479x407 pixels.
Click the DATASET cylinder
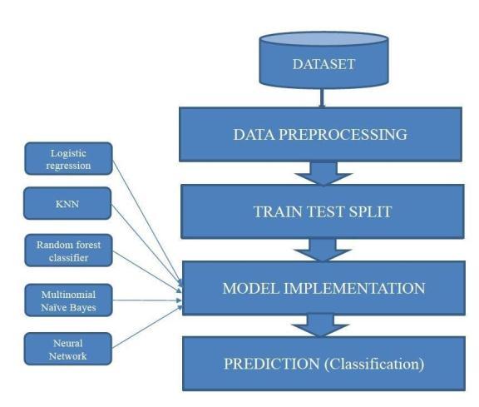(323, 60)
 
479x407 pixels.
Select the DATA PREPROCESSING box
(320, 134)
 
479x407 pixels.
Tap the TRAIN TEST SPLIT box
(323, 211)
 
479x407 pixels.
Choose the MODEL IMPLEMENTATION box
(323, 288)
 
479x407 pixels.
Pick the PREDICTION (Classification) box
(323, 364)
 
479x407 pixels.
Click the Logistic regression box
(68, 159)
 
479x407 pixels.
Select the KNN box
(67, 203)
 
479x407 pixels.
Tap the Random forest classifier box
(68, 251)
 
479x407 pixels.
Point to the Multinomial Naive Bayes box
(68, 300)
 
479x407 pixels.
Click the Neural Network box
(68, 349)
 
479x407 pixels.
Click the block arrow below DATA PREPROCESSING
(323, 173)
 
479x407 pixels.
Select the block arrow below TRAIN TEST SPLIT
(323, 251)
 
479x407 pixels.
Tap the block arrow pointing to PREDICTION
(320, 326)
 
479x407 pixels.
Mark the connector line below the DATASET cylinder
(322, 98)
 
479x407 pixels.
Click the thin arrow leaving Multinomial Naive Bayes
(147, 300)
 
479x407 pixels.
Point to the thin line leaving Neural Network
(147, 327)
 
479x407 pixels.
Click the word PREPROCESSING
(343, 135)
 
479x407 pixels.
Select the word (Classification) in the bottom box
(374, 364)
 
